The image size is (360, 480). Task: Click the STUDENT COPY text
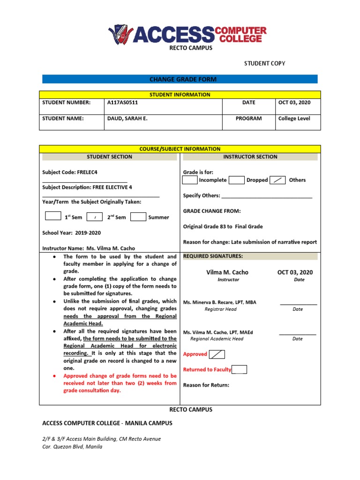[264, 63]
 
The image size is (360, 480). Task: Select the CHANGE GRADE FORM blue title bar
[180, 79]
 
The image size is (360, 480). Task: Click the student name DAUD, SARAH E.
[127, 119]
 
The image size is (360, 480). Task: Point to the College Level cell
[294, 119]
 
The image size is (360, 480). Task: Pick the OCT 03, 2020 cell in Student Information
[294, 103]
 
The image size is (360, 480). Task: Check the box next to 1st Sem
[53, 217]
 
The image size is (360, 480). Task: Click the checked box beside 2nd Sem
[95, 217]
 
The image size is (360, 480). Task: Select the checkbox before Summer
[138, 217]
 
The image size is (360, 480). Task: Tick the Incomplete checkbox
[189, 180]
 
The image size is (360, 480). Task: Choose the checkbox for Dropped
[237, 180]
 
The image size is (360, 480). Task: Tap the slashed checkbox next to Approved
[217, 354]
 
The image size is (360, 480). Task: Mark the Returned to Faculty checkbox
[239, 369]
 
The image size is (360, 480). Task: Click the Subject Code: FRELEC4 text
[70, 172]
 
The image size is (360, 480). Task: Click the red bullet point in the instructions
[55, 376]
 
